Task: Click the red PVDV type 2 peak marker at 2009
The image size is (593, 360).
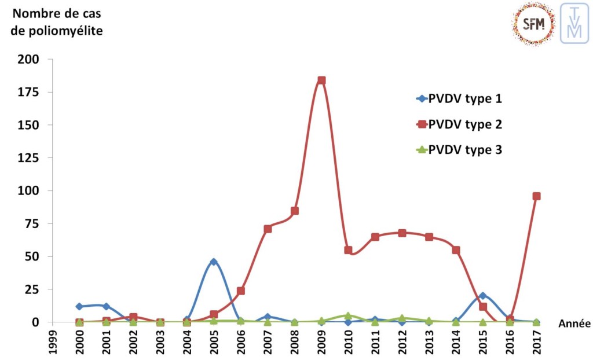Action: click(x=321, y=80)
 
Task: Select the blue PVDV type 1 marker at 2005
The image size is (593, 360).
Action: click(x=214, y=262)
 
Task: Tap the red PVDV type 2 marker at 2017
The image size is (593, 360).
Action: click(x=536, y=196)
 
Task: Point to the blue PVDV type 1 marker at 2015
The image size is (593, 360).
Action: click(x=482, y=296)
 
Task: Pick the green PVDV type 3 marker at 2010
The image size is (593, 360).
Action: click(x=348, y=316)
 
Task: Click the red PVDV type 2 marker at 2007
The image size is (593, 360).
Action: click(x=268, y=229)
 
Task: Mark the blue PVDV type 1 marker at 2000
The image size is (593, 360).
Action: click(x=79, y=306)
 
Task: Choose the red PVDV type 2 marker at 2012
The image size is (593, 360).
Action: click(x=402, y=233)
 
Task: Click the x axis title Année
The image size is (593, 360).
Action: click(x=574, y=324)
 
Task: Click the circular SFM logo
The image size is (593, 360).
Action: click(x=533, y=24)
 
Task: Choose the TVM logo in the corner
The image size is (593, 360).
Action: click(x=574, y=23)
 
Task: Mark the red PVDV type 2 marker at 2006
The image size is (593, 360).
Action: click(x=241, y=291)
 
